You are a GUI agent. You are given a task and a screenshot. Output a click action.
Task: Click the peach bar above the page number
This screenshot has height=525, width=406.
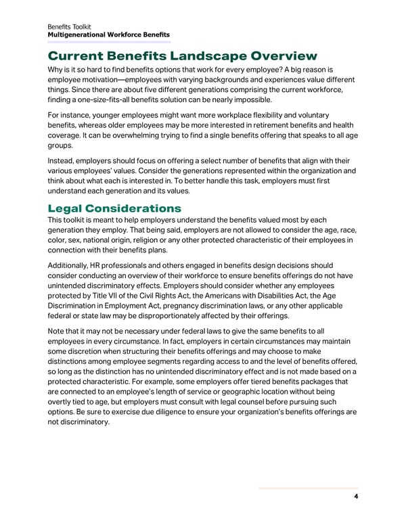(308, 488)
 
